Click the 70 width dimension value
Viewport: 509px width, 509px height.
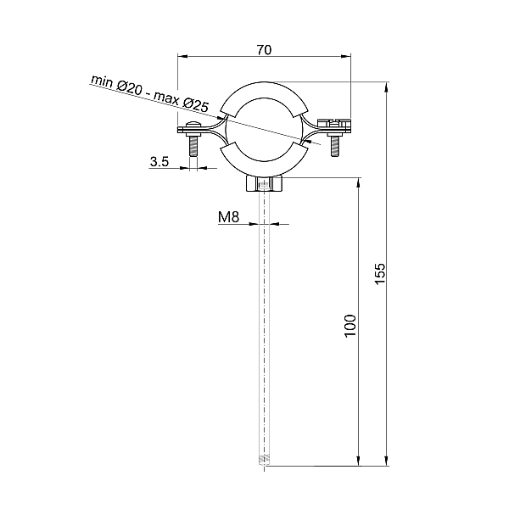[263, 50]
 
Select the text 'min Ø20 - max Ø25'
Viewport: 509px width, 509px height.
[149, 92]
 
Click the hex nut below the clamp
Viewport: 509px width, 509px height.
[265, 184]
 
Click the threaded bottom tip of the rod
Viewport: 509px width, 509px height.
[265, 461]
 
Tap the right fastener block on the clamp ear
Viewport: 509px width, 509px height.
[335, 126]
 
